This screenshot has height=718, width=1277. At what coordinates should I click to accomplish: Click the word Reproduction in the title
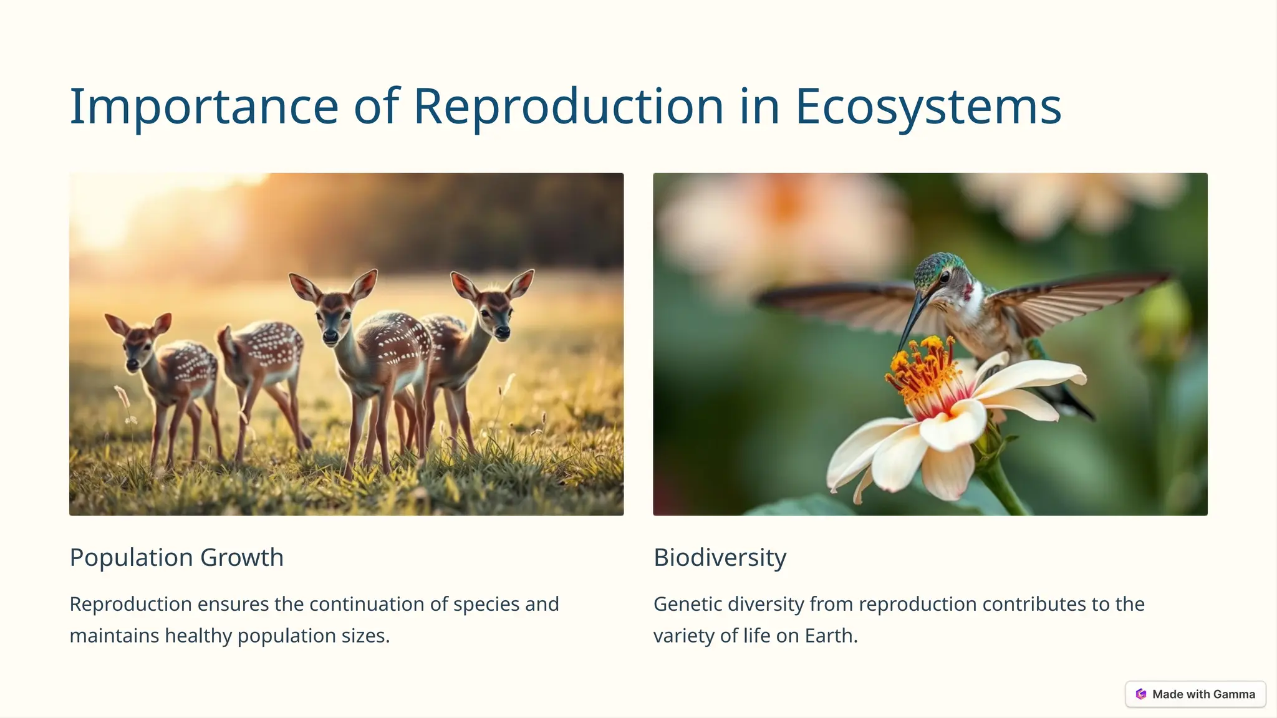coord(568,107)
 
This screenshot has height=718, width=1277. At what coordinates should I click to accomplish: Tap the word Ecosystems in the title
coord(928,107)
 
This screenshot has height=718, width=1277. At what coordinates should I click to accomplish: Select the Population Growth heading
coord(176,557)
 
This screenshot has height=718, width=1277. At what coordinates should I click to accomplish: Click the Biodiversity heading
coord(720,557)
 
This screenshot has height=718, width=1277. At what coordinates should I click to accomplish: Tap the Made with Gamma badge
coord(1195,694)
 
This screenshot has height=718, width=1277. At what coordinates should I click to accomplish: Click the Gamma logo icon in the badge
coord(1141,694)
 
